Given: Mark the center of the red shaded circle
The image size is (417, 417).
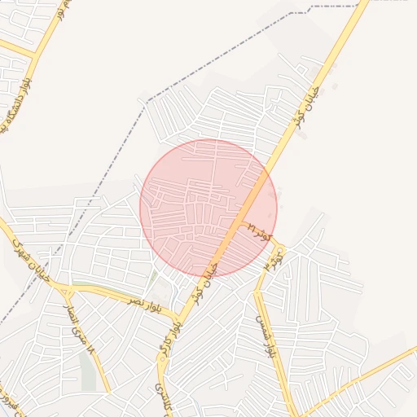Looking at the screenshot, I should coord(208,208).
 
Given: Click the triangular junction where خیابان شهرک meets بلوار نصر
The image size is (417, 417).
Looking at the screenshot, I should coord(67,289).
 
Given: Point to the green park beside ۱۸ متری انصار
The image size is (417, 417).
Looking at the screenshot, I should coord(87,371).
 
